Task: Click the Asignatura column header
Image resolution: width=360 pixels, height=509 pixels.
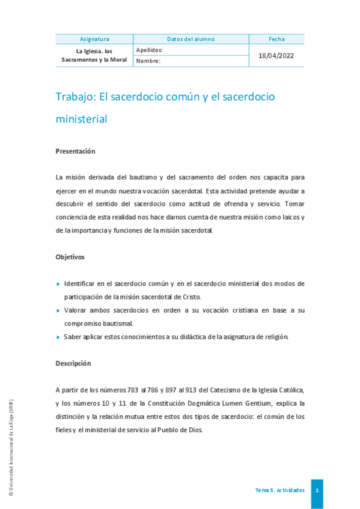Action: click(x=94, y=39)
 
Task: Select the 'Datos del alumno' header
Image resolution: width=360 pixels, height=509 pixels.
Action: click(x=191, y=39)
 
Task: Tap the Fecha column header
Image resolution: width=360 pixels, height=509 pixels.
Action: click(x=276, y=39)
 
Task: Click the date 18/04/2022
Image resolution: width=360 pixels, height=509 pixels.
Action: click(x=276, y=55)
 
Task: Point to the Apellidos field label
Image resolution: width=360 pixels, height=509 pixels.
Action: click(x=150, y=50)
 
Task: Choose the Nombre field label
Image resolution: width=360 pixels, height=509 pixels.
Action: click(x=148, y=61)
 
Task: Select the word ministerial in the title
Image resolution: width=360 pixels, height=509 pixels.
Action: click(x=81, y=119)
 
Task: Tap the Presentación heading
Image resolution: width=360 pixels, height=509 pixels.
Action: click(x=75, y=151)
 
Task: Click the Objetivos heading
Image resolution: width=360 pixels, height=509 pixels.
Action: click(x=70, y=257)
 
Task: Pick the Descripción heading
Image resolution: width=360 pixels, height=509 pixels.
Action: click(x=73, y=363)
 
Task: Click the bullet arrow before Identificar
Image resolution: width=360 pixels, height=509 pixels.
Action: click(x=58, y=283)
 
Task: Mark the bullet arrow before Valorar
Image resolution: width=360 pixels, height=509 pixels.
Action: click(x=58, y=310)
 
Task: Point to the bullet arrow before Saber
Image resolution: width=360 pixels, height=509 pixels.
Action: click(x=58, y=337)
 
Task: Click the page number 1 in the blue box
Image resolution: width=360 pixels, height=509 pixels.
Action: click(x=317, y=490)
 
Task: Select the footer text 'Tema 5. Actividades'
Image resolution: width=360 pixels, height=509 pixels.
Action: click(x=279, y=490)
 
